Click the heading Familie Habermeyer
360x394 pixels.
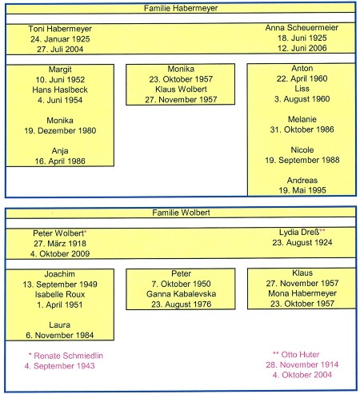[x=181, y=8]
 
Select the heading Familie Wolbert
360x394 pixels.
[x=181, y=213]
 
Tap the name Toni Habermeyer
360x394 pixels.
[x=60, y=29]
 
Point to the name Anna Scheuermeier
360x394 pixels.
[x=302, y=28]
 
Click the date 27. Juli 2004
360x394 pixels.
[x=60, y=50]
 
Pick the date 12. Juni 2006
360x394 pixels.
[x=302, y=48]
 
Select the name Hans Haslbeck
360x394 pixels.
[x=60, y=90]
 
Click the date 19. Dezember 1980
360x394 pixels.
[x=60, y=131]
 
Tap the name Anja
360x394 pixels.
[x=60, y=151]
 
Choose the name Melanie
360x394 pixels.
[x=302, y=119]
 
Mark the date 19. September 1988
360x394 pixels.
[x=302, y=160]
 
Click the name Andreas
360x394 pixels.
[x=302, y=181]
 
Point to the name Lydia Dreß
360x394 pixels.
[x=299, y=233]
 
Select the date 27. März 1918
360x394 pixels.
[x=60, y=244]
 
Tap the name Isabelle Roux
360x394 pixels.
[x=60, y=294]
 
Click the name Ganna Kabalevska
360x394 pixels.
[x=181, y=294]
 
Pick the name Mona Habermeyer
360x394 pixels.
[x=302, y=293]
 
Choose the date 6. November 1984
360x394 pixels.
[x=60, y=335]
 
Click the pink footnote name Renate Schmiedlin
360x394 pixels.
[x=69, y=356]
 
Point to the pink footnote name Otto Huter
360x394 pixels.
[x=300, y=355]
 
